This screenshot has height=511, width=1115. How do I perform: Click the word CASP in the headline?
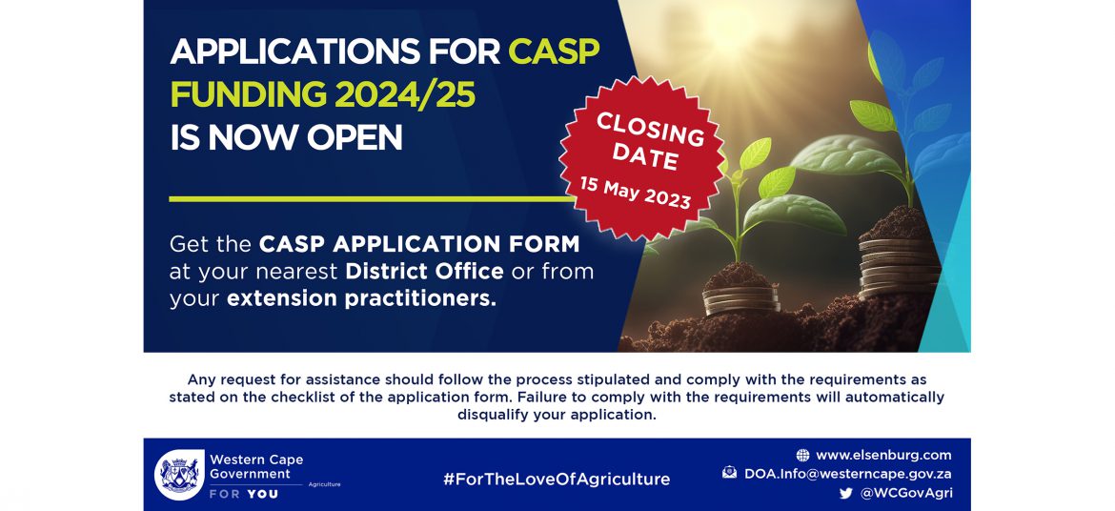(555, 51)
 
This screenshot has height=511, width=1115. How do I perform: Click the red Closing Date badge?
(642, 159)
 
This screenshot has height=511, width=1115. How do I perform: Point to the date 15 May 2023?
(635, 193)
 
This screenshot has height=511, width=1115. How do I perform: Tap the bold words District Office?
(425, 271)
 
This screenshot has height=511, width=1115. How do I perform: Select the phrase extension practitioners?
(361, 299)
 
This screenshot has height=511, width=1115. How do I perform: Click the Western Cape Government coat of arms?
(179, 475)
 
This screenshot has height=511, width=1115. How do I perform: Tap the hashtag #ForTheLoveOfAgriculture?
(557, 479)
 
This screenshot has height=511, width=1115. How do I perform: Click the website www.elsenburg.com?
(883, 456)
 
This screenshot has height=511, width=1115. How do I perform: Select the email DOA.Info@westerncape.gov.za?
(848, 474)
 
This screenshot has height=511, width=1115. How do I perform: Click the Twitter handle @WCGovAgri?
(906, 493)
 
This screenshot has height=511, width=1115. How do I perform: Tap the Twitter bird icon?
(845, 493)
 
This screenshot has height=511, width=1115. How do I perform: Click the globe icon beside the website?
(802, 456)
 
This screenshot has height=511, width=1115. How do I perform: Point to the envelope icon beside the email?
(730, 472)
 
